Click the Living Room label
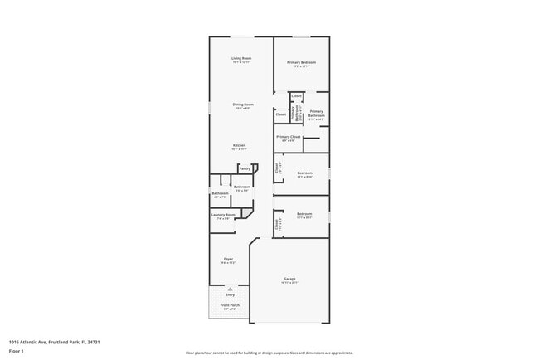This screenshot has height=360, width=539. click(241, 58)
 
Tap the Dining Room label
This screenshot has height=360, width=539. click(242, 105)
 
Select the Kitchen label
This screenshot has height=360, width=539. click(239, 145)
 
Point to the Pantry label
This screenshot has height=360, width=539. click(245, 168)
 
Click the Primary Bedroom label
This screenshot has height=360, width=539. click(301, 62)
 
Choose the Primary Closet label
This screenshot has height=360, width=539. click(289, 136)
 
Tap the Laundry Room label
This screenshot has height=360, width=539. click(224, 215)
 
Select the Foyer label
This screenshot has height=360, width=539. click(228, 259)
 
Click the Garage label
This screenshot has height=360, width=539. click(289, 279)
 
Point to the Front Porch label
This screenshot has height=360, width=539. click(230, 304)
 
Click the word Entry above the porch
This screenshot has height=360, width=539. click(230, 294)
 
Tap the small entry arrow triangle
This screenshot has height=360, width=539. click(230, 288)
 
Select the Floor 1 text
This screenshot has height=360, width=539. click(17, 351)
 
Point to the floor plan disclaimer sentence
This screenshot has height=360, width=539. click(269, 352)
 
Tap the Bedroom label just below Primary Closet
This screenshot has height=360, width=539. click(304, 173)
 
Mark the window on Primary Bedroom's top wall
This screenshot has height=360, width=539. click(301, 36)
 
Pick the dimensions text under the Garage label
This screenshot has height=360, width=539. click(289, 283)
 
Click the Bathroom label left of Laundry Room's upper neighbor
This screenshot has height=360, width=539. click(221, 193)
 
